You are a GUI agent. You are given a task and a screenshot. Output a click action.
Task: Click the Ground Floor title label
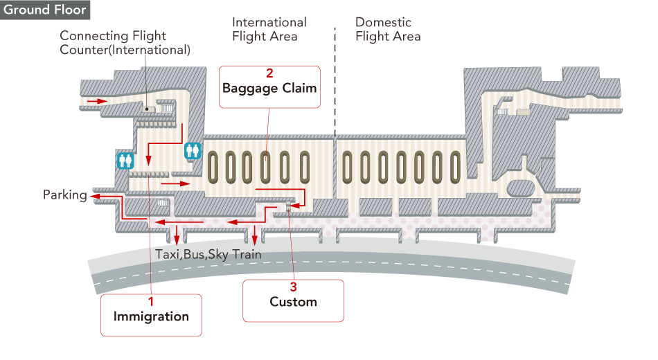point(45,10)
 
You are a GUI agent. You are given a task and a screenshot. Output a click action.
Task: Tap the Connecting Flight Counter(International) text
point(125,43)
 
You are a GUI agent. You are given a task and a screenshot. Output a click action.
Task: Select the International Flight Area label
point(269,29)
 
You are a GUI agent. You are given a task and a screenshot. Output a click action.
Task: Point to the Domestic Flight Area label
point(388,29)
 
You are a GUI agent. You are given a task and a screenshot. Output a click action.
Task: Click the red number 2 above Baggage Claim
point(269,73)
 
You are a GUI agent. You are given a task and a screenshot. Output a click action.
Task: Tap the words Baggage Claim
point(269,89)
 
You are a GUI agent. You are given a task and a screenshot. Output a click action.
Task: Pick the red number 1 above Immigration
point(151,301)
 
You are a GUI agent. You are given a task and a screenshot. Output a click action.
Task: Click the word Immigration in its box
point(151,317)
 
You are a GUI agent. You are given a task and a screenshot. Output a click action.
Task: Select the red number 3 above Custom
point(293,287)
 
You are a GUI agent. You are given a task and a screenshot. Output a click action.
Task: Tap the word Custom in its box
point(293,303)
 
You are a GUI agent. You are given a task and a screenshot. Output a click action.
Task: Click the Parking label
point(65,195)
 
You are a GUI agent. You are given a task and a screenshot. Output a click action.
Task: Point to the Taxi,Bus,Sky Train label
point(208,255)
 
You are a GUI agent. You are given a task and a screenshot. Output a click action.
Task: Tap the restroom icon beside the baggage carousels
point(192,150)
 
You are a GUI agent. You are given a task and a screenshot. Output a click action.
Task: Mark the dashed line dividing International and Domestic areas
point(335,83)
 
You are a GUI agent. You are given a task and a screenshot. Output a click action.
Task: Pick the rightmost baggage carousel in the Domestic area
point(455,167)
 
